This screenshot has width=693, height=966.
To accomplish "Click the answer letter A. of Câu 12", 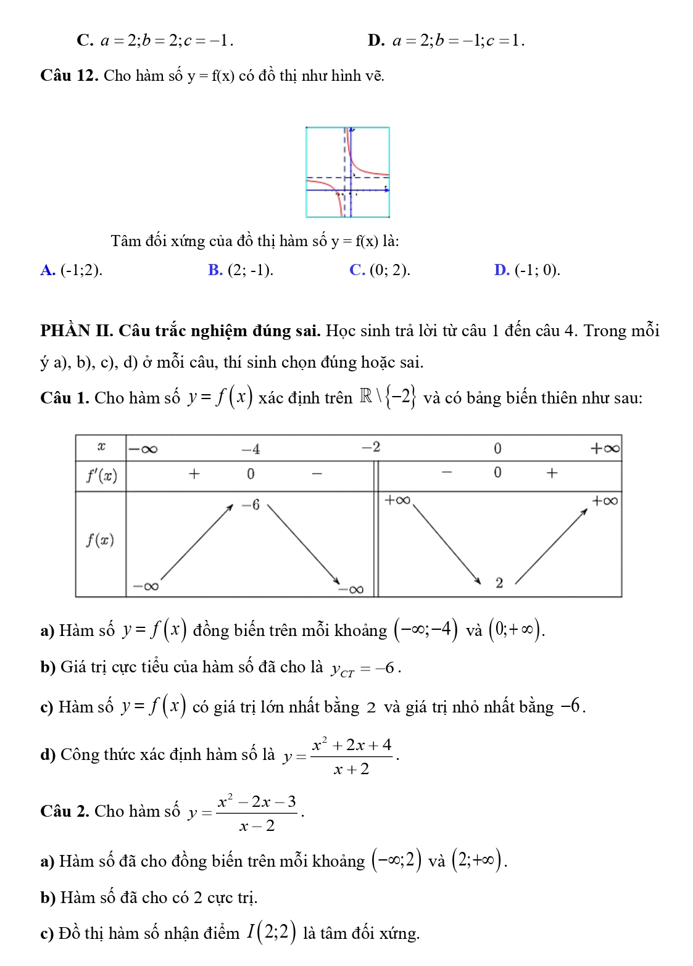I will point(48,270).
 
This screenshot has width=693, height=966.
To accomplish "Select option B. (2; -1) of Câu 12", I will point(241,270).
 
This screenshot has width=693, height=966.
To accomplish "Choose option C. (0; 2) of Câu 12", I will point(380,270).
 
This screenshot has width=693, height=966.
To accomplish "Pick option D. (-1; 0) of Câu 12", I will point(528,270).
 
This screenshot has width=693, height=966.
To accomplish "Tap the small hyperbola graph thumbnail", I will point(347,172).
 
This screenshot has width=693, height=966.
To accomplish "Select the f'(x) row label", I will point(101,476).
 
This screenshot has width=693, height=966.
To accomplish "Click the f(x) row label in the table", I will point(100,541).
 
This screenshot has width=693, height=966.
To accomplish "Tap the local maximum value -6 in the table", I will point(251,505).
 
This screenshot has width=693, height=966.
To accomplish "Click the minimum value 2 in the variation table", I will point(499,582).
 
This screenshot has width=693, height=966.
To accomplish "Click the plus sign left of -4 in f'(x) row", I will point(194,474).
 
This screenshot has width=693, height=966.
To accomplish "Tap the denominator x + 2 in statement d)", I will point(351,769).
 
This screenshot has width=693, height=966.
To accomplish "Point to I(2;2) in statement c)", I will point(272,932).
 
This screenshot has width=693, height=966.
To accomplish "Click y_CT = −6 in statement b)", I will point(365,669).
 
